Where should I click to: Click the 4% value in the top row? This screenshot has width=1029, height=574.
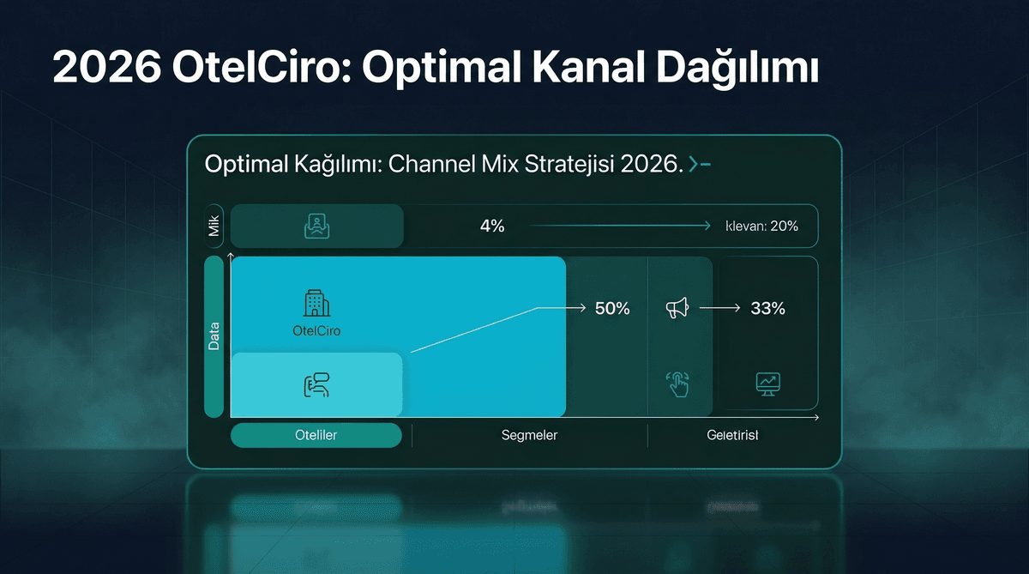tap(492, 227)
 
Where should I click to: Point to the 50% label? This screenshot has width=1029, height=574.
tap(612, 309)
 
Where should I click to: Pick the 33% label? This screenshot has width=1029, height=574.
tap(767, 309)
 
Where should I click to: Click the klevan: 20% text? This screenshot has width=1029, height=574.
tap(762, 227)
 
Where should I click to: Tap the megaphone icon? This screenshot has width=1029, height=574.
tap(677, 308)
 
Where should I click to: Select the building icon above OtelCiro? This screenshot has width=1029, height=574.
tap(317, 303)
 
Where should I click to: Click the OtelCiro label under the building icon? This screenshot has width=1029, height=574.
tap(316, 330)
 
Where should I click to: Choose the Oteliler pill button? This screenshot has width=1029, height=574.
tap(316, 435)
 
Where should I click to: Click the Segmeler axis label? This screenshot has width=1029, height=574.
tap(529, 435)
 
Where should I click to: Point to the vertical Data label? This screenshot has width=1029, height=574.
tap(214, 335)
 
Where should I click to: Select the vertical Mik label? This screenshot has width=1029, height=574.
tap(214, 227)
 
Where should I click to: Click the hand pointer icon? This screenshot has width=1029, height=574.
tap(678, 384)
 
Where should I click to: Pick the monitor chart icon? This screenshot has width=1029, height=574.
tap(767, 384)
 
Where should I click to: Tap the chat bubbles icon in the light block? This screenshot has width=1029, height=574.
tap(316, 386)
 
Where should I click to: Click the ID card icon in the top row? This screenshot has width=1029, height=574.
tap(316, 227)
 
